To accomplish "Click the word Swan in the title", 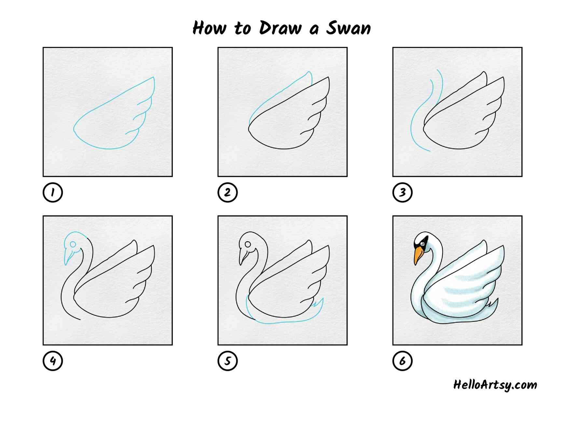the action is (x=349, y=28).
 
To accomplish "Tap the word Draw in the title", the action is (x=281, y=28).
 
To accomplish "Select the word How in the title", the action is (x=209, y=28).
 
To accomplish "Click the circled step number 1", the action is (x=53, y=192).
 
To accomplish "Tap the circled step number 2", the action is (x=227, y=192).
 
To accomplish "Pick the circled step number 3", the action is (x=403, y=192).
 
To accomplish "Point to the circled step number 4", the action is (x=53, y=361).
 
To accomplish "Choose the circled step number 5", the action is (x=227, y=361).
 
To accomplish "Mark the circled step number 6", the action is (x=403, y=361).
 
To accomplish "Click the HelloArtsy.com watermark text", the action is (x=495, y=385).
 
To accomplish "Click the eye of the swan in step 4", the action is (x=73, y=244).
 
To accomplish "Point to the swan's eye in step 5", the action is (x=248, y=244).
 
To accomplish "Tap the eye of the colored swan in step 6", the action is (x=423, y=243).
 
